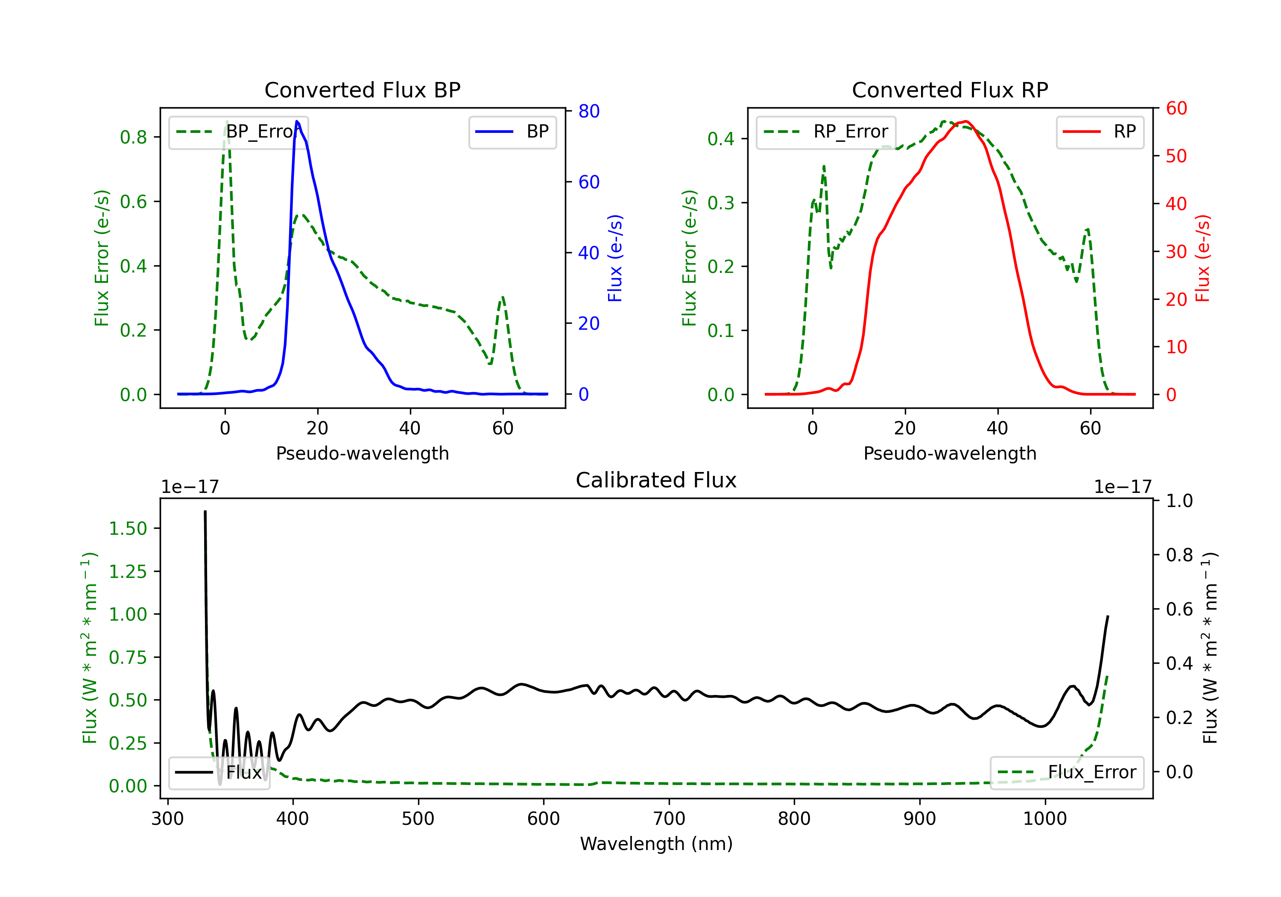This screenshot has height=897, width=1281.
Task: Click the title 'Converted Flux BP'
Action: [362, 90]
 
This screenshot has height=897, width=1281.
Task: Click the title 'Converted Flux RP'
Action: [950, 90]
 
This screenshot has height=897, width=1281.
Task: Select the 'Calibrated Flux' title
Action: [656, 480]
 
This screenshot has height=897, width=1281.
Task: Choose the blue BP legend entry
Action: [512, 132]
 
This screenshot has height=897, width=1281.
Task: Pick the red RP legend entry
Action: [1100, 132]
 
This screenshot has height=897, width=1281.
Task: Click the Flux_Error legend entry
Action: [1066, 773]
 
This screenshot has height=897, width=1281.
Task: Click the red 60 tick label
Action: [1177, 108]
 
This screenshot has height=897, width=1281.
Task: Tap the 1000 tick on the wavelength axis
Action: [1045, 819]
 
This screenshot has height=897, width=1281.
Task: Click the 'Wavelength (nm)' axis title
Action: [656, 844]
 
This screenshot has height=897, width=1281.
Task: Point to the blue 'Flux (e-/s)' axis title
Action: [615, 258]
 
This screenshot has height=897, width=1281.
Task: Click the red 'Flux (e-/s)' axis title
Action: [1202, 258]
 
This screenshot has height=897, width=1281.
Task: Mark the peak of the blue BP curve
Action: [297, 121]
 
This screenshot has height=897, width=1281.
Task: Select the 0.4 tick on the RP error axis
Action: [721, 138]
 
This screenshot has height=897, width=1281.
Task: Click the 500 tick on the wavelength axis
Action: [418, 819]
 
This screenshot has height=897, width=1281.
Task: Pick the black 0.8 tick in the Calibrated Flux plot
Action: [1179, 555]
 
